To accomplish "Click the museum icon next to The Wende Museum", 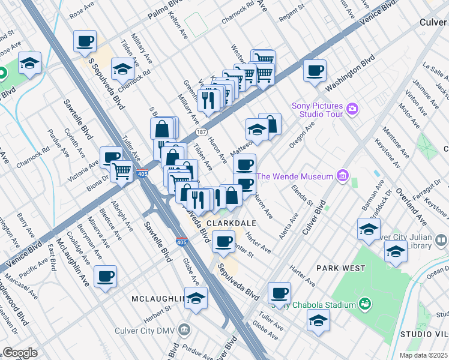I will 342,176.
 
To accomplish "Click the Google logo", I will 20,353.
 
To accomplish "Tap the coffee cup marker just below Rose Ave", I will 85,42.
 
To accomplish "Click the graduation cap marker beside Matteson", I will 256,130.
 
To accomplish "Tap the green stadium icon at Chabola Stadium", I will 364,304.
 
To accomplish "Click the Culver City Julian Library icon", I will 441,241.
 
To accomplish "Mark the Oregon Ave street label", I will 302,137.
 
